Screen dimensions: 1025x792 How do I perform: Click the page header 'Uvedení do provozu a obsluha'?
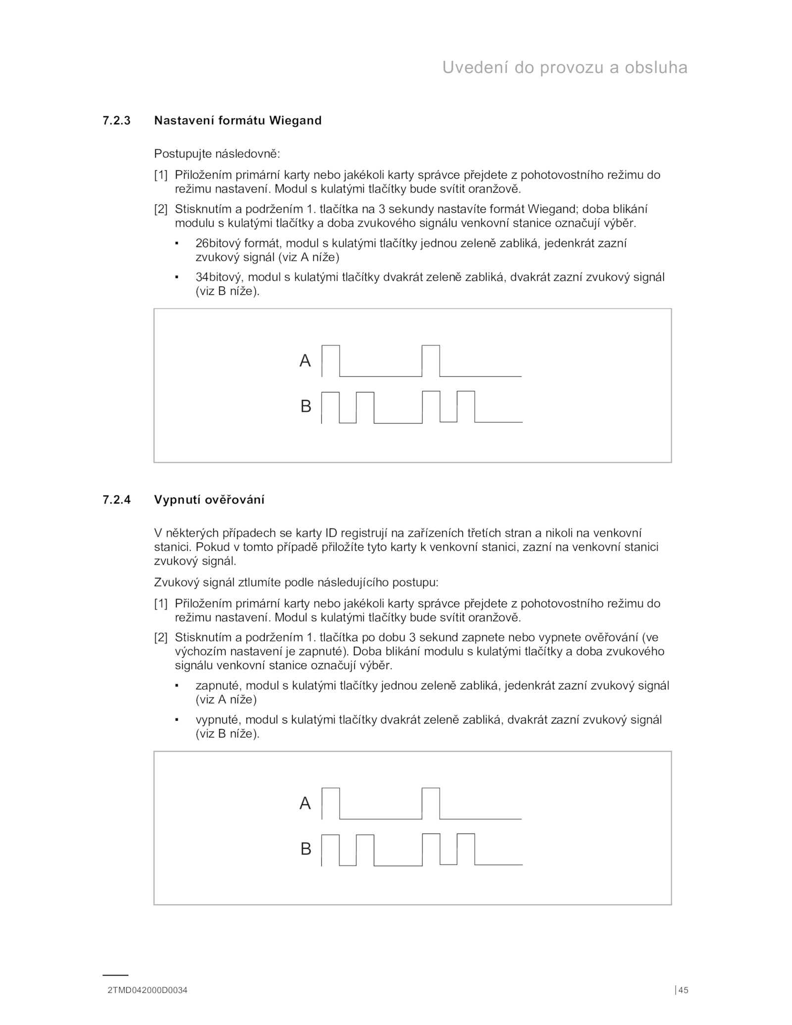564,67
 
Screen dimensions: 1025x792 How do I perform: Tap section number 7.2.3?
116,120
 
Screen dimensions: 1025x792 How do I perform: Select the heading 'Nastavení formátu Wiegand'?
238,120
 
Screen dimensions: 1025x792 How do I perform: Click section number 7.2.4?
116,499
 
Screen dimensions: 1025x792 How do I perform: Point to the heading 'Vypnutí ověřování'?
209,499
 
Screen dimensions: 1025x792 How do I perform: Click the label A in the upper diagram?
305,361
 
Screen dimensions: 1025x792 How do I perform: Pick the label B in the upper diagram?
305,406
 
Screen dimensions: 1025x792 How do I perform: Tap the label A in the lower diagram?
305,803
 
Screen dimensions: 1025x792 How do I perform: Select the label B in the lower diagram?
305,849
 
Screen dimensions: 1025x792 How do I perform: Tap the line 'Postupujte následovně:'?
217,154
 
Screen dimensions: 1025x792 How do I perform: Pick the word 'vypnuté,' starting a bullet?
218,720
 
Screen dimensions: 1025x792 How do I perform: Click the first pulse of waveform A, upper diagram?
331,360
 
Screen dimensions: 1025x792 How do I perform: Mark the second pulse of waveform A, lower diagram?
431,803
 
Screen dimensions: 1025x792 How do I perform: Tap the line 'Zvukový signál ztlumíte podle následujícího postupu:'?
296,582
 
